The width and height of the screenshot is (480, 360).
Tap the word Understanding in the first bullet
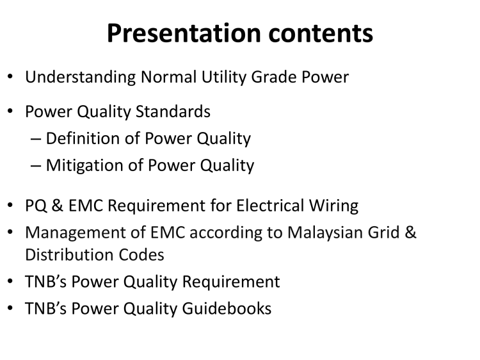coord(80,78)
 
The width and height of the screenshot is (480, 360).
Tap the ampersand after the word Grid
coord(410,233)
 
